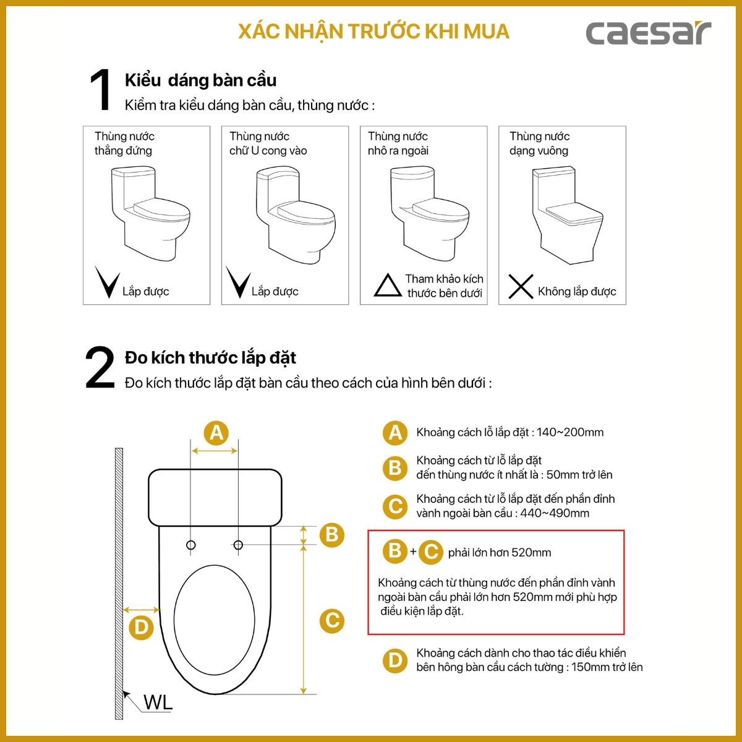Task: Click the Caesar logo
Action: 648,33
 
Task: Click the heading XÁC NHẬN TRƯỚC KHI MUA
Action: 373,32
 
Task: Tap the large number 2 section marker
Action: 100,367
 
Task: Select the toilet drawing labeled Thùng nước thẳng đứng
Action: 150,213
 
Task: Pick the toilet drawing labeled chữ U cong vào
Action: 296,215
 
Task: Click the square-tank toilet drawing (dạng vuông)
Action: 567,215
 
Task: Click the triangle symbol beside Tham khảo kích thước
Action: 388,285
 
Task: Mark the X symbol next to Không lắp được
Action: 521,286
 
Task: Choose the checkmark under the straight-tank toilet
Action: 108,282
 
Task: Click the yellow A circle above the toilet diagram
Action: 216,433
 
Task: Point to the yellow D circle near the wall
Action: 141,627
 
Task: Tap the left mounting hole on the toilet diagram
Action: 190,545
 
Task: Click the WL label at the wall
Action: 158,702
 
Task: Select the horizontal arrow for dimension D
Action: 141,610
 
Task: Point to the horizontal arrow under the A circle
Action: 215,451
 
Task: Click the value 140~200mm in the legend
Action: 570,432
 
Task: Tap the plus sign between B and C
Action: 413,552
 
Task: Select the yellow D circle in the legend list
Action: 394,660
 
